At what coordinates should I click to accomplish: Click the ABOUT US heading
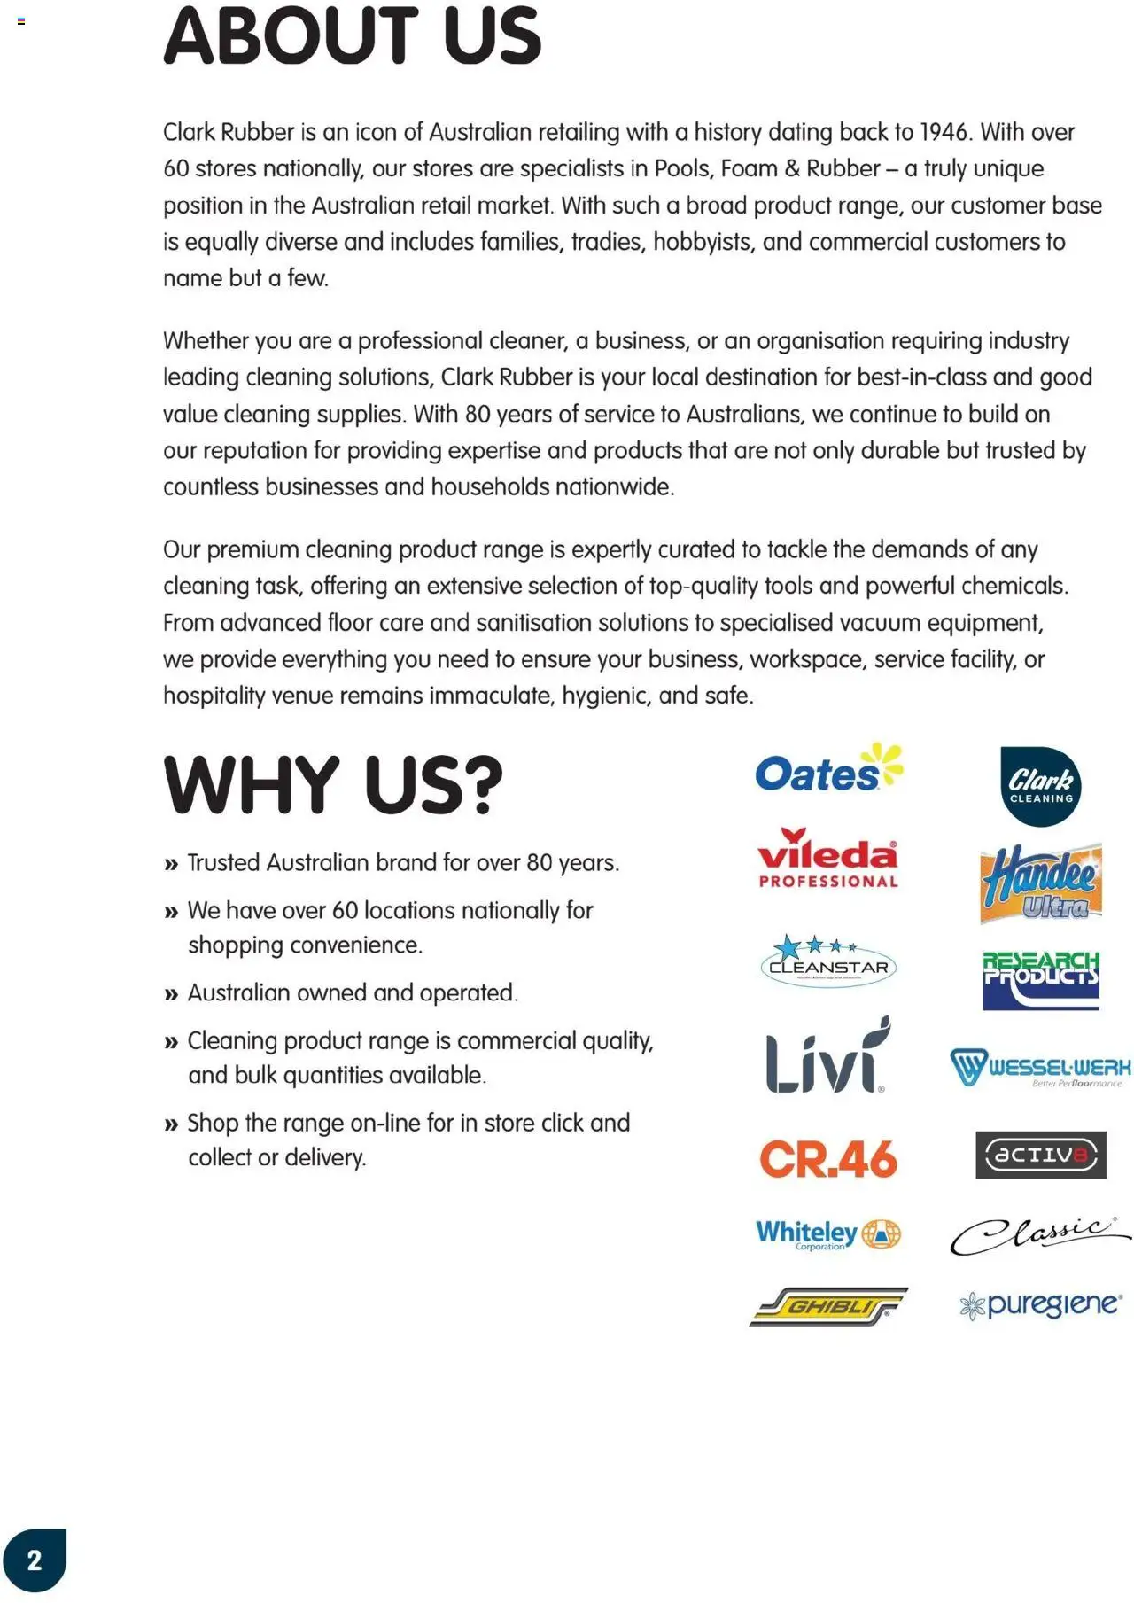point(352,37)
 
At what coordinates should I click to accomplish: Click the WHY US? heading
point(333,785)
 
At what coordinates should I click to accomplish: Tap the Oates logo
point(827,770)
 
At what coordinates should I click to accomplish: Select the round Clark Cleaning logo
point(1040,786)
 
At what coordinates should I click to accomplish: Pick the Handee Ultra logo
point(1040,883)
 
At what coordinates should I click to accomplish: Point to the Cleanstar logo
point(828,961)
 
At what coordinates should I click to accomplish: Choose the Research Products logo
point(1040,980)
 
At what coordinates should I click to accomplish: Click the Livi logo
point(827,1057)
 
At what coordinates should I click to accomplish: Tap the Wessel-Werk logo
point(1040,1067)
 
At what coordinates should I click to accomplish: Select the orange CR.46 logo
point(827,1158)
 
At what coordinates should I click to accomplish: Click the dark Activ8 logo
point(1040,1155)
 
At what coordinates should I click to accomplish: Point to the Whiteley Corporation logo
point(827,1233)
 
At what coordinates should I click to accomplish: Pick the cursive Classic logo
point(1040,1234)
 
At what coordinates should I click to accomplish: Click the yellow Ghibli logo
point(827,1306)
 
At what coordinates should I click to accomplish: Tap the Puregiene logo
point(1040,1305)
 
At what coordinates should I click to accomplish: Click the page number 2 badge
point(35,1560)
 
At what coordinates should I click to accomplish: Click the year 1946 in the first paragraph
point(944,133)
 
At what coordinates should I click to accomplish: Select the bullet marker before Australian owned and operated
point(171,994)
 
